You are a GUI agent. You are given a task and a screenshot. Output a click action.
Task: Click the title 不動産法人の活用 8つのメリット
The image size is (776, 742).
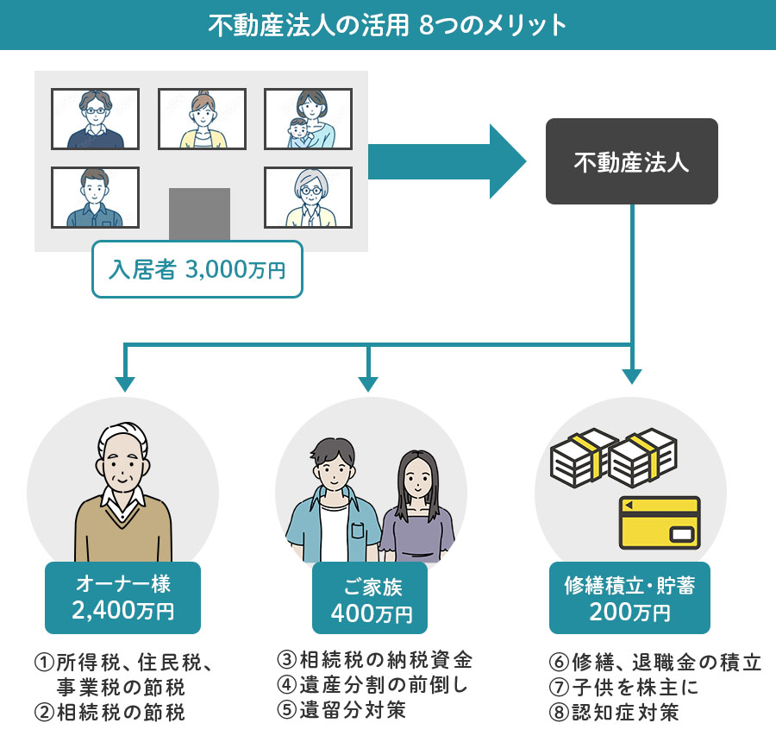click(388, 25)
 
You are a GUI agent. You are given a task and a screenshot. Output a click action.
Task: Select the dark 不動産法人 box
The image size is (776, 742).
click(631, 161)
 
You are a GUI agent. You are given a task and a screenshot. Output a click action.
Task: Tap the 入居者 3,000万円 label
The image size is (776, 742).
click(197, 269)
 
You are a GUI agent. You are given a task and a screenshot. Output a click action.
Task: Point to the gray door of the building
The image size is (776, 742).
click(199, 213)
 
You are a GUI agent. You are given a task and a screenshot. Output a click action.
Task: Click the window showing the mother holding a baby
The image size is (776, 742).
click(308, 119)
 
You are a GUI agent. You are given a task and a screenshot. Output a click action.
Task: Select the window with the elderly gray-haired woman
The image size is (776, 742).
click(308, 197)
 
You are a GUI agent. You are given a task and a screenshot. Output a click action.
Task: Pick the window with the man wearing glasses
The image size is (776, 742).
click(95, 119)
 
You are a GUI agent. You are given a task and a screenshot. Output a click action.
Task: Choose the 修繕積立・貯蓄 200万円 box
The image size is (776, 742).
click(629, 598)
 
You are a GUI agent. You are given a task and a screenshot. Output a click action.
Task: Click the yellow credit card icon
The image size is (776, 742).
click(659, 522)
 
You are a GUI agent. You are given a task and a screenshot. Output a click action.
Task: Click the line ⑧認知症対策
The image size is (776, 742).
click(614, 712)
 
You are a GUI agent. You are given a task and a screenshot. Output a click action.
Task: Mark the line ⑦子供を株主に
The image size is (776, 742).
click(623, 687)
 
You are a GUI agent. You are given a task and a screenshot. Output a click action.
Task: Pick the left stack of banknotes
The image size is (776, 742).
click(577, 457)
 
